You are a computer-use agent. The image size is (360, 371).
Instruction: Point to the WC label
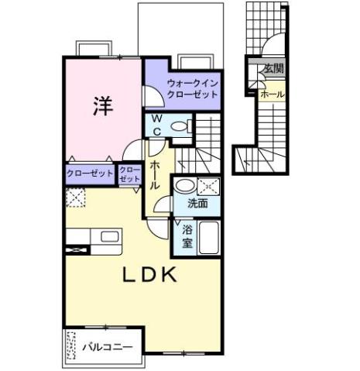point(156,125)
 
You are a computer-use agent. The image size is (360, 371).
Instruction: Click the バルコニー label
point(108,348)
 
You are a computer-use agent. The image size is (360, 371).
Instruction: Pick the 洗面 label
point(197,204)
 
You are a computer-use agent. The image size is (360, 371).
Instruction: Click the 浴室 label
point(187,236)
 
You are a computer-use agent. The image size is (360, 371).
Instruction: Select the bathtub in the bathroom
point(209,236)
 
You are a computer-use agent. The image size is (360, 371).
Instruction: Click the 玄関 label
point(272,69)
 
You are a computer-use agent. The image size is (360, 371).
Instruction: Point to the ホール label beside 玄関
point(272,94)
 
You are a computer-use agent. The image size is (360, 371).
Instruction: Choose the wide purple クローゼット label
point(89,173)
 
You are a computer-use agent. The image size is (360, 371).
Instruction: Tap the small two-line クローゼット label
point(130,173)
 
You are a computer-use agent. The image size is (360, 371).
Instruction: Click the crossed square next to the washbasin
point(208,186)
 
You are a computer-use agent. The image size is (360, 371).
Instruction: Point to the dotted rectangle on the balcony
point(74,348)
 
